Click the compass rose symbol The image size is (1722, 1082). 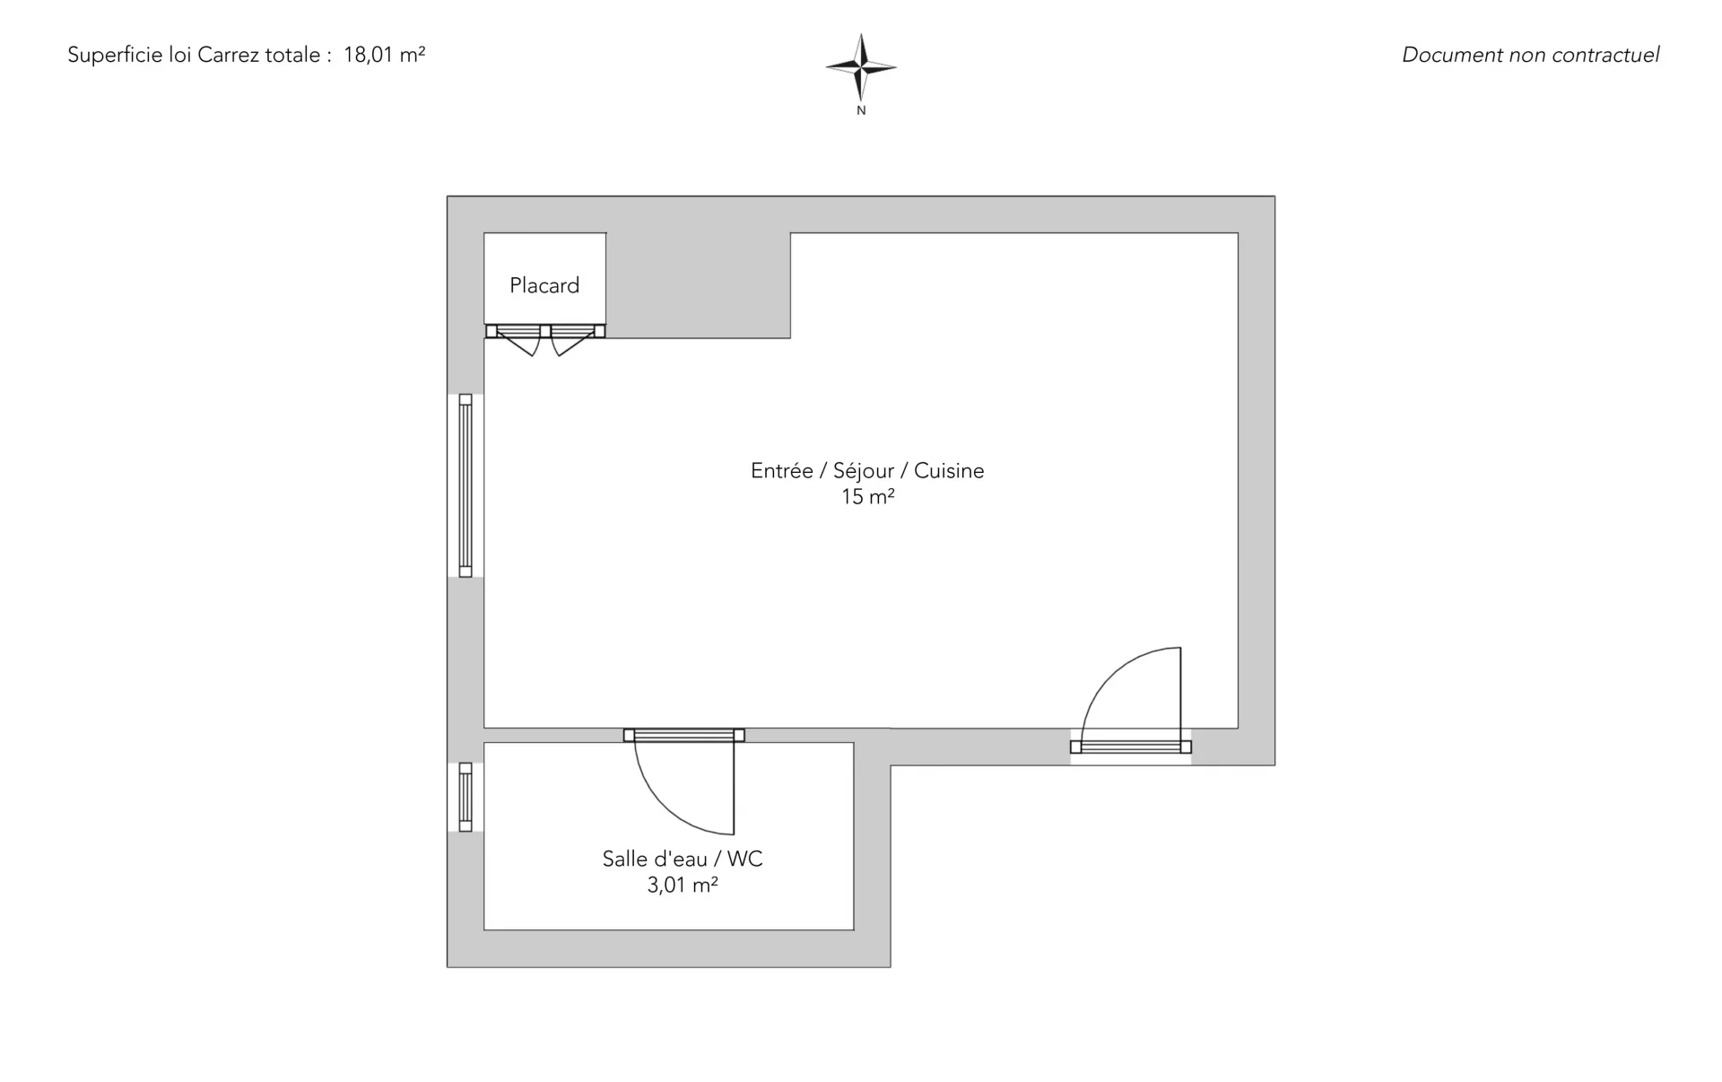tap(861, 67)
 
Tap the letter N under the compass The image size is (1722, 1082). tap(861, 110)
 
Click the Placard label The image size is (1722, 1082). tap(544, 285)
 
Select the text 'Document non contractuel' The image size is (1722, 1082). tap(1530, 55)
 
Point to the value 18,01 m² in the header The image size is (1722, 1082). tap(384, 55)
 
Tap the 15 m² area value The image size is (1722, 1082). tap(867, 496)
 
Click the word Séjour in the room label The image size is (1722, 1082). tap(864, 471)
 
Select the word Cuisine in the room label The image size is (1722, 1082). tap(949, 471)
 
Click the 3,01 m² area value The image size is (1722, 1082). tap(683, 886)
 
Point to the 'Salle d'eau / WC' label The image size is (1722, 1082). tap(683, 859)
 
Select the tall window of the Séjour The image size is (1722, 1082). tap(465, 485)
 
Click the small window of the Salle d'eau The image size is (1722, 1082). tap(465, 797)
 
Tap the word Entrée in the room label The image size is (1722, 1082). tap(782, 471)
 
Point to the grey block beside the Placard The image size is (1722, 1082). tap(699, 285)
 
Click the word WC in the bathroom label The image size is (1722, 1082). tap(744, 859)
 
